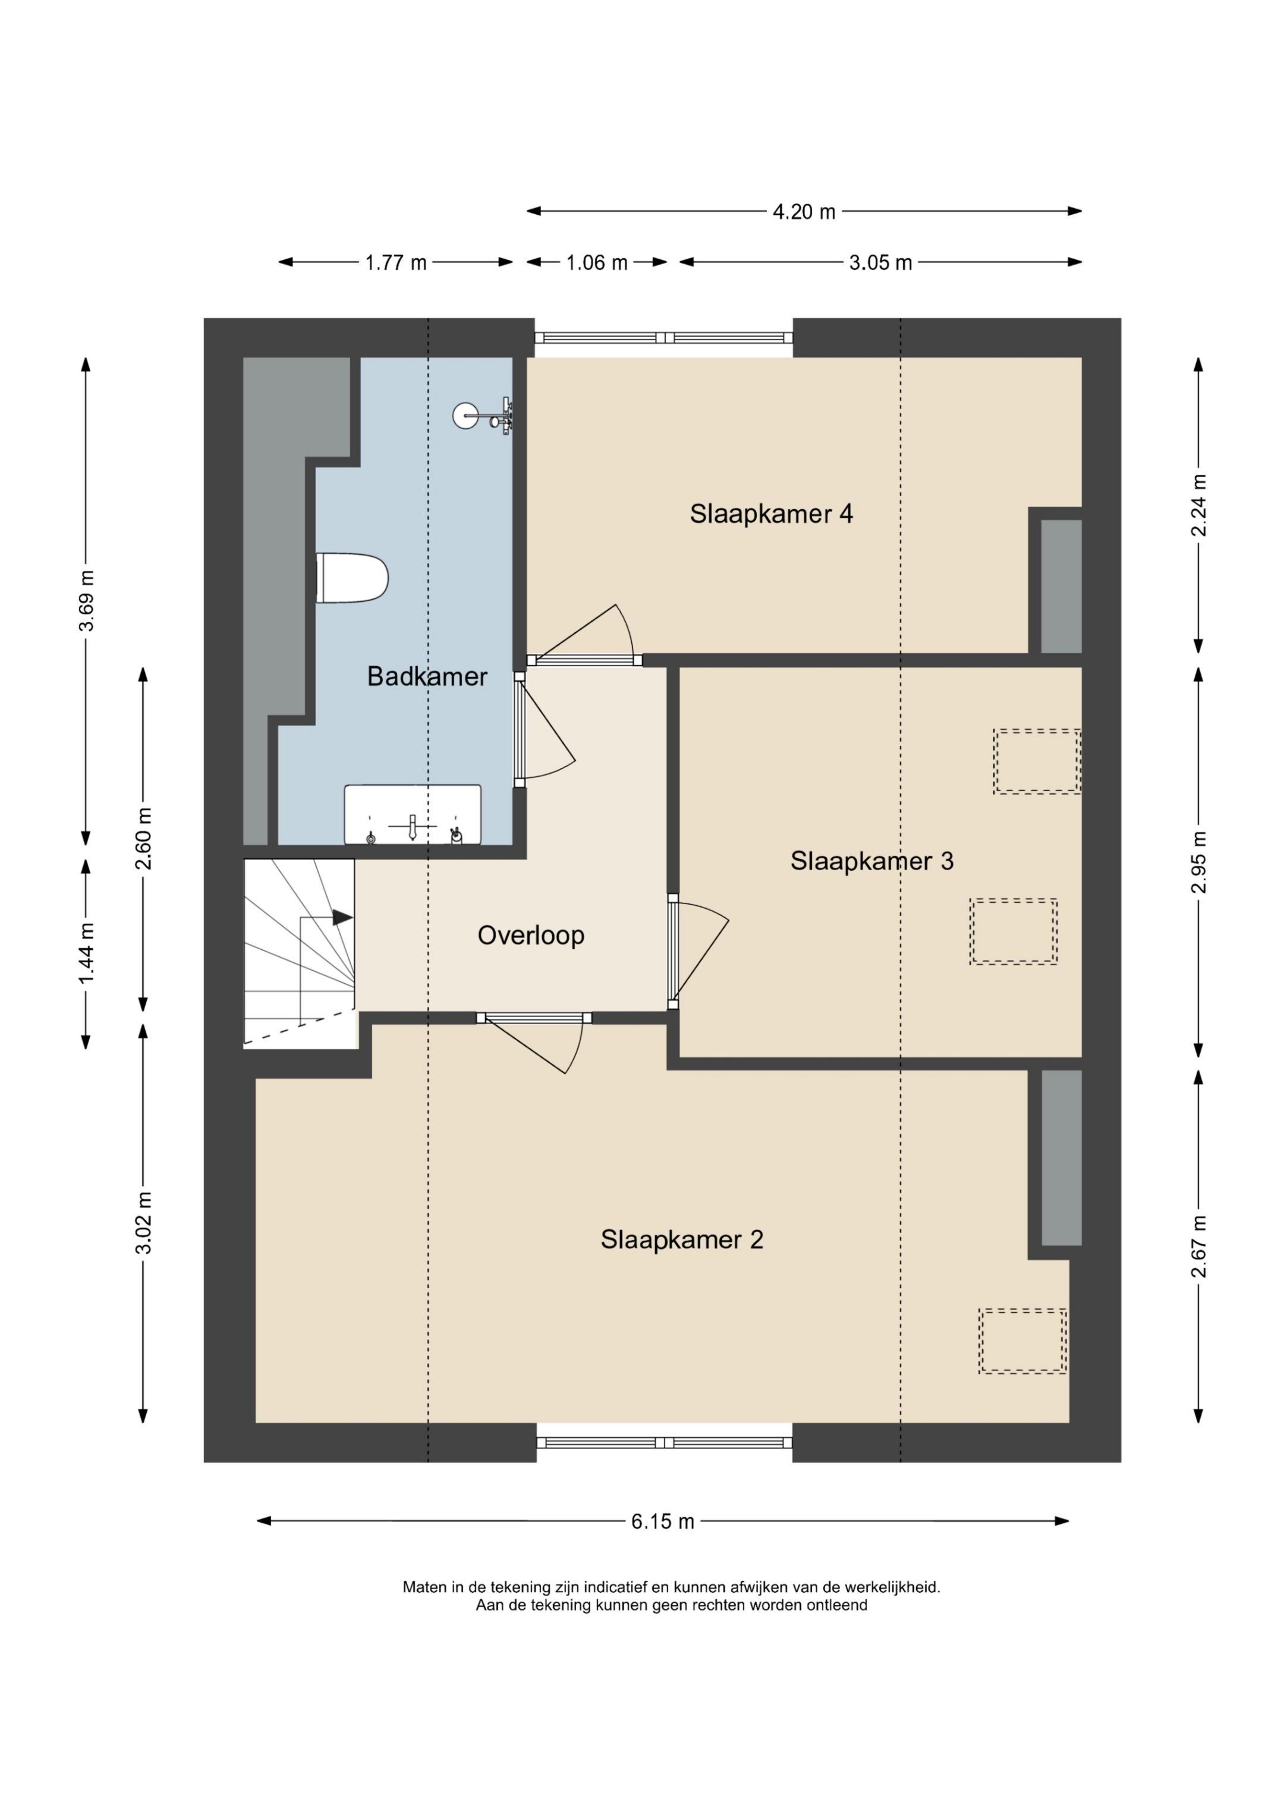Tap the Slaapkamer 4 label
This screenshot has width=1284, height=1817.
(772, 514)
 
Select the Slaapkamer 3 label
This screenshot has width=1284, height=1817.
(872, 861)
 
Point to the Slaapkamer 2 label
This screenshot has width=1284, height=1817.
(682, 1239)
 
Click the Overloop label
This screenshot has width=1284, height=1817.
(531, 936)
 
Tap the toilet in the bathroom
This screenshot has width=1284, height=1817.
(352, 578)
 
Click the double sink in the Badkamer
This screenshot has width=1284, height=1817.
(412, 814)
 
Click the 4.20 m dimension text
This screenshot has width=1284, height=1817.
(804, 212)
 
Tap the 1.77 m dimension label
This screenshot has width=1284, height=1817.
(395, 263)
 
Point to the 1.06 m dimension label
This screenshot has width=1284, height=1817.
(596, 263)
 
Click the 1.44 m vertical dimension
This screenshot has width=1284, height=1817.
(86, 953)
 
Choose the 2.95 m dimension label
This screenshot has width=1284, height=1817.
(1200, 862)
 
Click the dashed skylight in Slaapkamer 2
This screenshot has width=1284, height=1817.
(1022, 1341)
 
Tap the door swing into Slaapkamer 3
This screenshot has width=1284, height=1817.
(698, 952)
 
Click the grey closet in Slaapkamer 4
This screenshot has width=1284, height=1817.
(1061, 586)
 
